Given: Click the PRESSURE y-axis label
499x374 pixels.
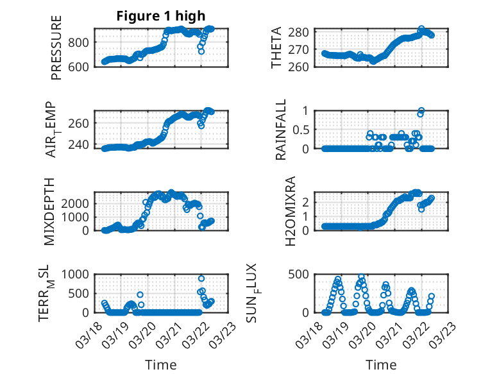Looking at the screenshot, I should pyautogui.click(x=56, y=47).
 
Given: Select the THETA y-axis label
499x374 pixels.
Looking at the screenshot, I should pyautogui.click(x=276, y=47).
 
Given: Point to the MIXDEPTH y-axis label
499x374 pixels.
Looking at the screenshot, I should pyautogui.click(x=50, y=211).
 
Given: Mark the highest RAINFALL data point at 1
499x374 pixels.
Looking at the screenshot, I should pyautogui.click(x=421, y=110).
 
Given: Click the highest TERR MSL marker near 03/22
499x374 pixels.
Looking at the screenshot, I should pyautogui.click(x=201, y=278).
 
